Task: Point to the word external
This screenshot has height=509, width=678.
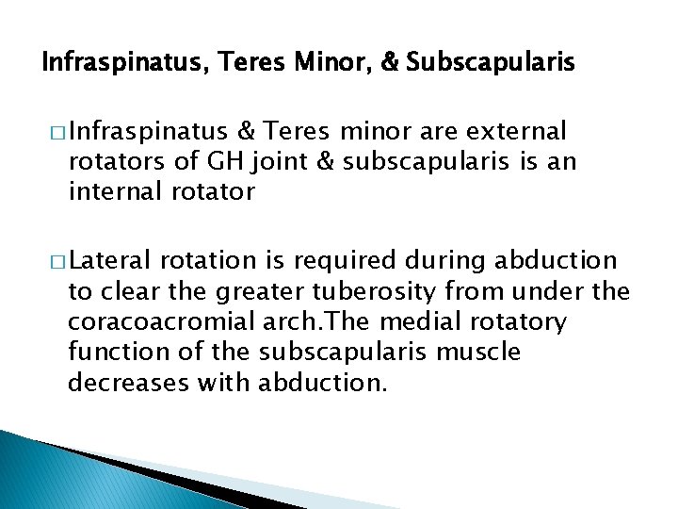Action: [x=516, y=130]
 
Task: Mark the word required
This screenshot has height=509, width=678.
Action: [x=351, y=261]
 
